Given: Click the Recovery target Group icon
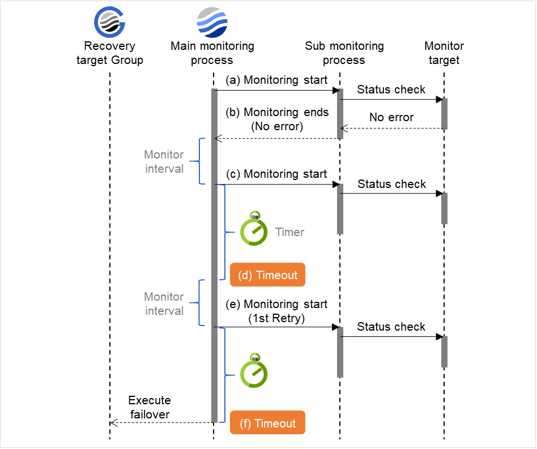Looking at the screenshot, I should coord(109,23).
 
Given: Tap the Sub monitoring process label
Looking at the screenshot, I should coord(344,53).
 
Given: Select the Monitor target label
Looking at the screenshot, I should coord(444,53).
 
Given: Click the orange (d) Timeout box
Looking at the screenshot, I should coord(267,275).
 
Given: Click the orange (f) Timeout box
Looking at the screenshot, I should coord(267,424).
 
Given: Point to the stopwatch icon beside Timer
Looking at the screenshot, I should coord(254,230).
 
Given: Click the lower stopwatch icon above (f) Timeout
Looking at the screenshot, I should coord(254,372).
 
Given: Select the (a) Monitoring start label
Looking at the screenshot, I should coord(276,80).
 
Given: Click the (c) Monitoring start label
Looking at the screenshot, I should coord(276,174).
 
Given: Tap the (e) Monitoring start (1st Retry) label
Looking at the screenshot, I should coord(276,311).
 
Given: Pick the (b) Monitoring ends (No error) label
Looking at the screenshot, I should coord(277,119).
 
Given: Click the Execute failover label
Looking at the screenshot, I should coord(150,408).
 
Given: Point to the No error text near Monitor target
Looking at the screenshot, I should coord(391,118).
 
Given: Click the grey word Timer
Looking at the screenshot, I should coord(289,232).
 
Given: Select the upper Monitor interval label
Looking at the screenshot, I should coord(164,161).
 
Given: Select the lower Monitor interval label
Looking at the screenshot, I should coord(164,303).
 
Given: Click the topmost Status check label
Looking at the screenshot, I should coord(391,89).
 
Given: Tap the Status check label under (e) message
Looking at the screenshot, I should coord(391,327).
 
